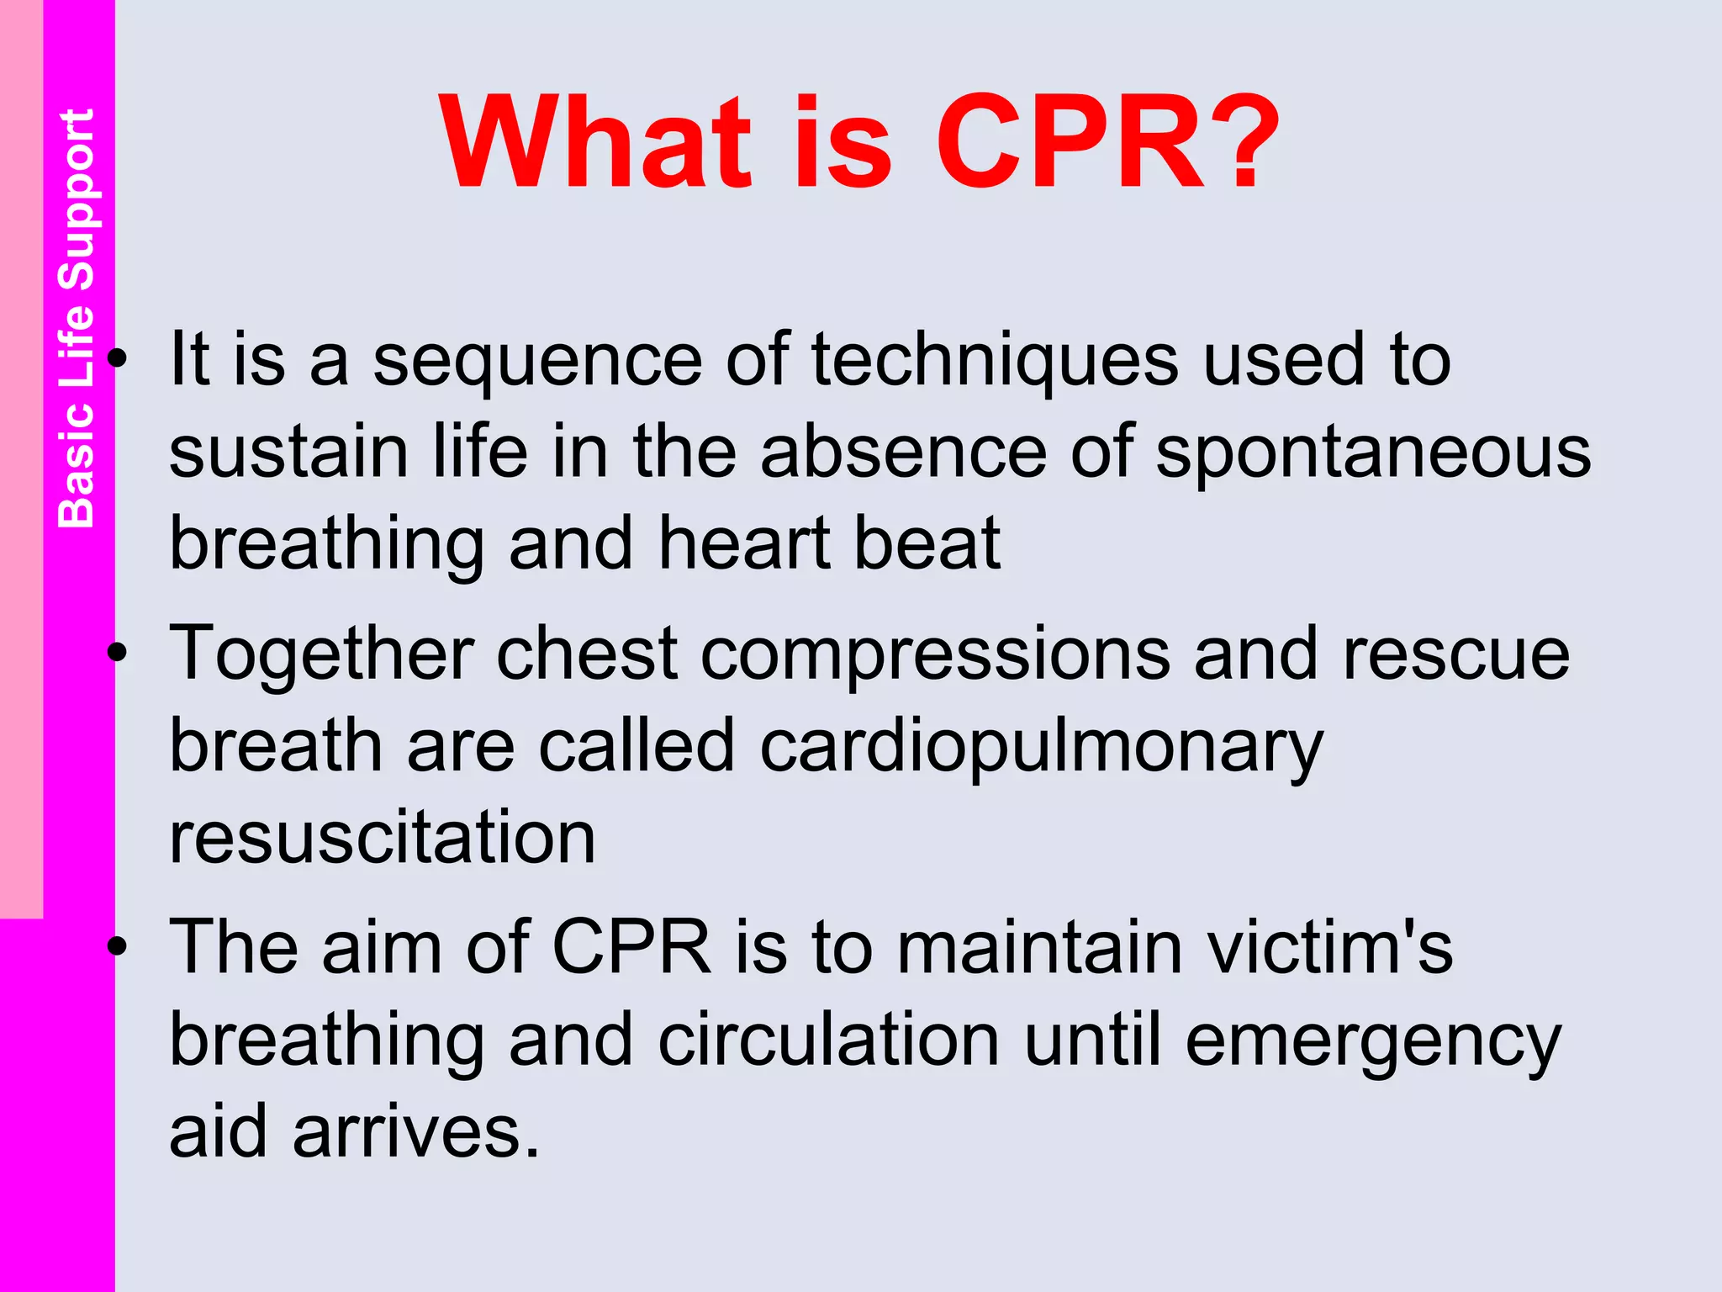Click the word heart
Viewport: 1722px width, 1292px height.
(743, 544)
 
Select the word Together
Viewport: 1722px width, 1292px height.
(322, 654)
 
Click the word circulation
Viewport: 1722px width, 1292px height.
(829, 1040)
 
